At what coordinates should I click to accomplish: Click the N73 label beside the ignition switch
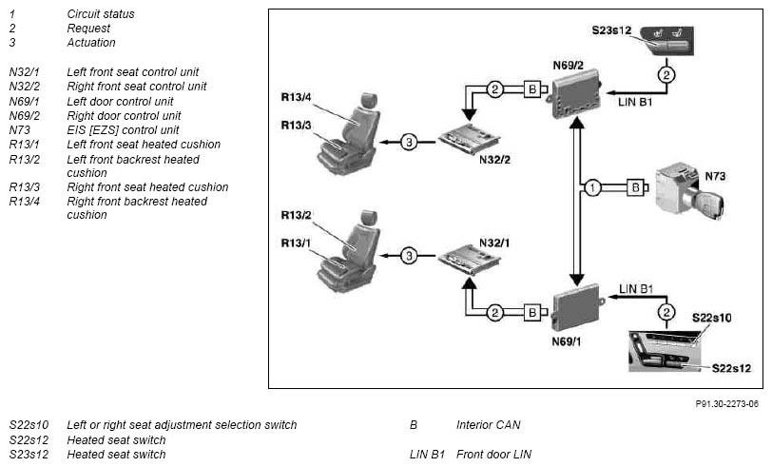[715, 176]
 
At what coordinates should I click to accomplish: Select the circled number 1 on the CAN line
[592, 187]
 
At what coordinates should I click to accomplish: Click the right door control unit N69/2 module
[575, 97]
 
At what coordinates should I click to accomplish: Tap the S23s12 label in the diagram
[611, 30]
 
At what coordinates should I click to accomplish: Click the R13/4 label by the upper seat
[296, 97]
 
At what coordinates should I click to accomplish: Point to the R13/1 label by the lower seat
[296, 243]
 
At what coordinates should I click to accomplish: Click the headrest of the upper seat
[368, 100]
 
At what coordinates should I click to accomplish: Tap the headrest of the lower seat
[368, 217]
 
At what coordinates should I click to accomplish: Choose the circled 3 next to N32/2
[409, 142]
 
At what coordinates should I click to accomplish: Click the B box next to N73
[636, 187]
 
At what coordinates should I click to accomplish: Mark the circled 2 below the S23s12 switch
[666, 75]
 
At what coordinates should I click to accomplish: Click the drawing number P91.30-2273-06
[726, 404]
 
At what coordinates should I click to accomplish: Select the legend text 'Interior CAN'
[488, 424]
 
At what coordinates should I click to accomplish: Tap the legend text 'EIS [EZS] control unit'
[123, 130]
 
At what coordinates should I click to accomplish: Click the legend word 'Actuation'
[91, 43]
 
